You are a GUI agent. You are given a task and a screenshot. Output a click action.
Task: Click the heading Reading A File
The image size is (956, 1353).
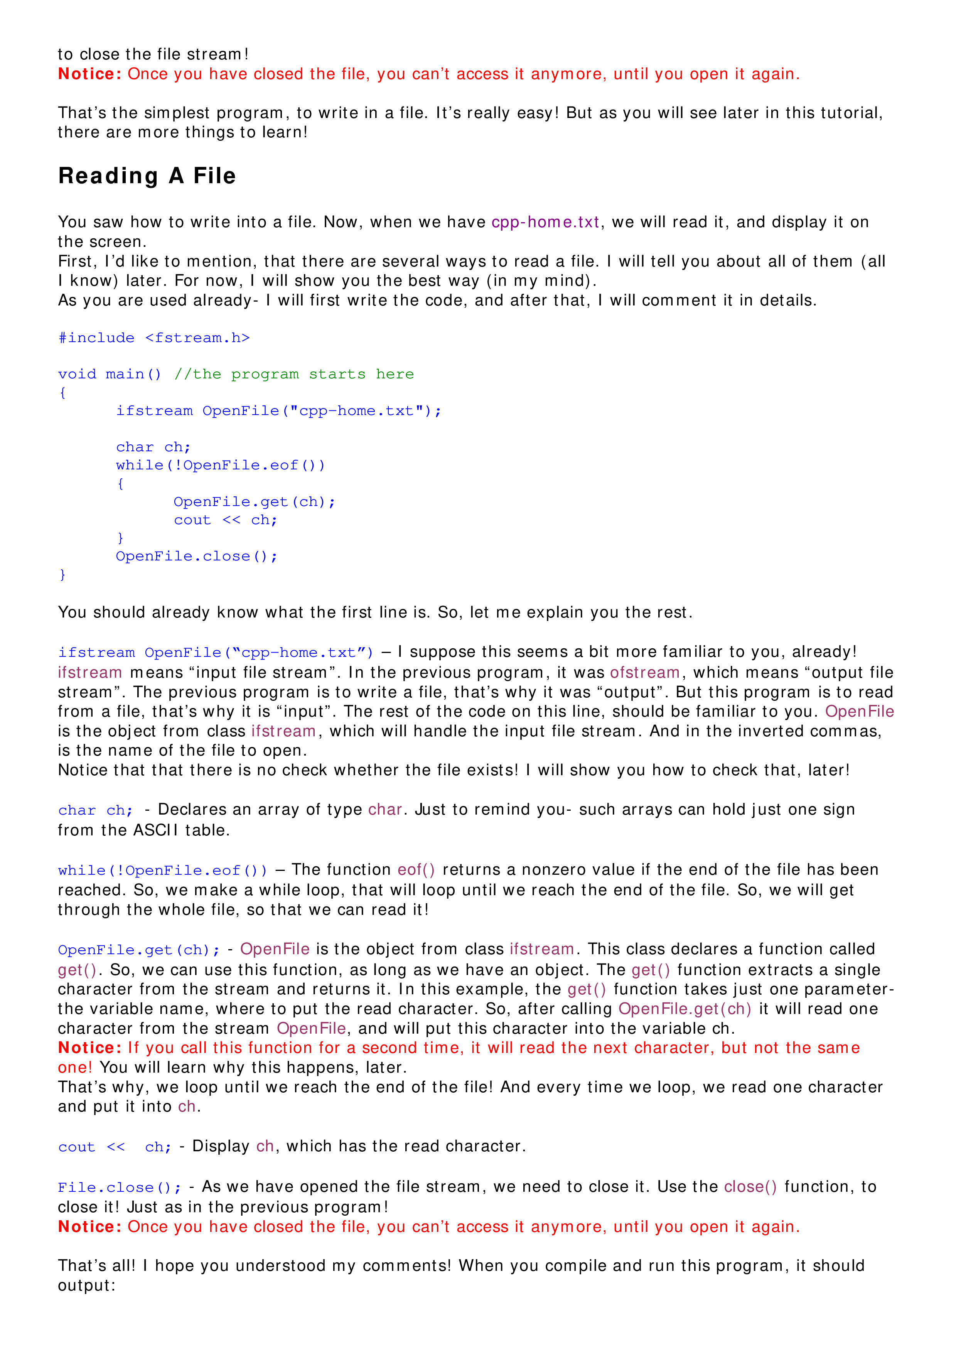pos(147,176)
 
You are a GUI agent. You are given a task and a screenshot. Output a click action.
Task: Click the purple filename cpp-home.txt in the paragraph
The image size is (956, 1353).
pos(545,222)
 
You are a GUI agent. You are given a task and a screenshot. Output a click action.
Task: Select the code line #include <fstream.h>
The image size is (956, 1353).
pos(154,337)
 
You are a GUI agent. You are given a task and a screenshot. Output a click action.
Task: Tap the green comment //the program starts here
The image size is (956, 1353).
pos(293,374)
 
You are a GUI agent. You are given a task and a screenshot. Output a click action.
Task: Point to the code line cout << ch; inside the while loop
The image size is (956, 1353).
pos(225,520)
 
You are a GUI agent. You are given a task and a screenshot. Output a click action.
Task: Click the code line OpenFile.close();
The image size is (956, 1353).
pos(196,556)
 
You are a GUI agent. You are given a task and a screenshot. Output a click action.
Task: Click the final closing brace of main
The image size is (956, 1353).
pos(62,575)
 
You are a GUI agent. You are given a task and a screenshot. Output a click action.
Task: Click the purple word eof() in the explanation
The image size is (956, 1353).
pos(416,870)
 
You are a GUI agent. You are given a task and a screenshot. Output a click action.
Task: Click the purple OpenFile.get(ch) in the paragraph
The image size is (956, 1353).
pos(685,1009)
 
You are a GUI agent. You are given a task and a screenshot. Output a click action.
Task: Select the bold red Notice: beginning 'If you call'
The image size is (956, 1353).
pos(89,1048)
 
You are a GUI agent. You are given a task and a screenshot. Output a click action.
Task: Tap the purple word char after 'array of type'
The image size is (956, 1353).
pos(385,810)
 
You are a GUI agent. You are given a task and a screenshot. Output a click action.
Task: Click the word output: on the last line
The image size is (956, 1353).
pos(87,1285)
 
